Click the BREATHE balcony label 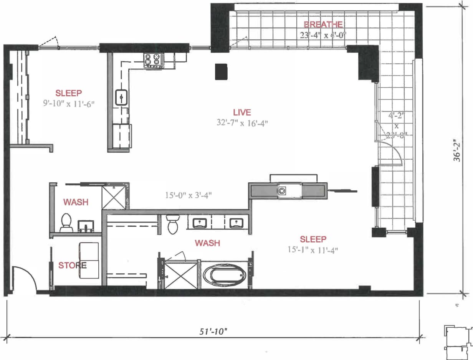pyautogui.click(x=323, y=25)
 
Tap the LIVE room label pyautogui.click(x=242, y=112)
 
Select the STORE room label pyautogui.click(x=72, y=265)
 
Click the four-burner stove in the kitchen pyautogui.click(x=153, y=60)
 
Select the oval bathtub pyautogui.click(x=225, y=275)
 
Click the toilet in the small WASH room pyautogui.click(x=67, y=222)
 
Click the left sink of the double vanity pyautogui.click(x=200, y=223)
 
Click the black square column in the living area pyautogui.click(x=221, y=72)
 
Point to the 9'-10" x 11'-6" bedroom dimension pyautogui.click(x=69, y=103)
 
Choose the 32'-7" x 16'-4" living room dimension pyautogui.click(x=242, y=123)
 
